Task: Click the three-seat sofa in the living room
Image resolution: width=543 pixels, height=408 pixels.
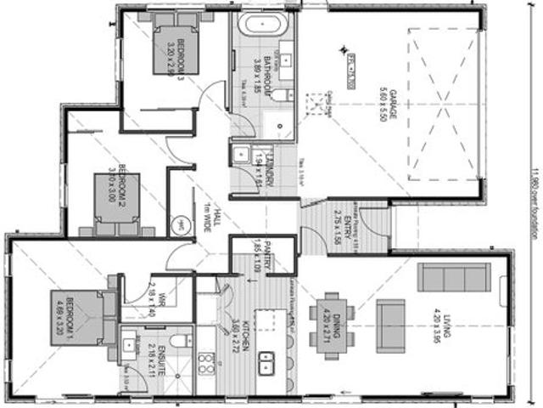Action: [x=454, y=280]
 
